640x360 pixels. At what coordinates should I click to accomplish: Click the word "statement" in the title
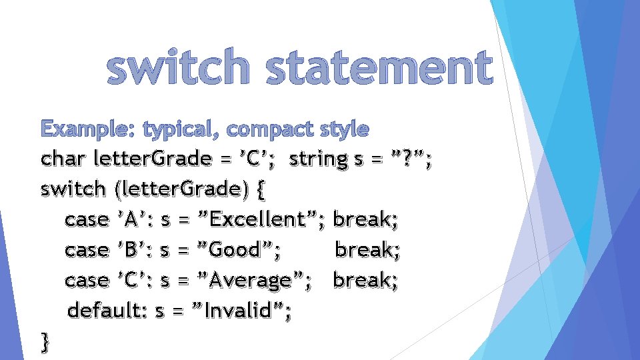tap(379, 69)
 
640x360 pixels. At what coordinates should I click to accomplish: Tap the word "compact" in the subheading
tap(266, 129)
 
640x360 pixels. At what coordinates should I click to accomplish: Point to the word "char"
tap(64, 159)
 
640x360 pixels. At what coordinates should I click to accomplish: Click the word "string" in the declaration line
tap(319, 159)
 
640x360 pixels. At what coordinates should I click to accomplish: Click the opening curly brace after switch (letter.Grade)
tap(260, 190)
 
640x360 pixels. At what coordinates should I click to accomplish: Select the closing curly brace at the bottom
tap(45, 342)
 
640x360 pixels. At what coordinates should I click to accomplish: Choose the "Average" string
tap(250, 281)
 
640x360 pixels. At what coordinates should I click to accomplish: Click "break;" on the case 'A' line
tap(365, 219)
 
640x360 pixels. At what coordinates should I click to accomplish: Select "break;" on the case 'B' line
tap(367, 250)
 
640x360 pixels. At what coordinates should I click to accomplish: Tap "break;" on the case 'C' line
tap(365, 281)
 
